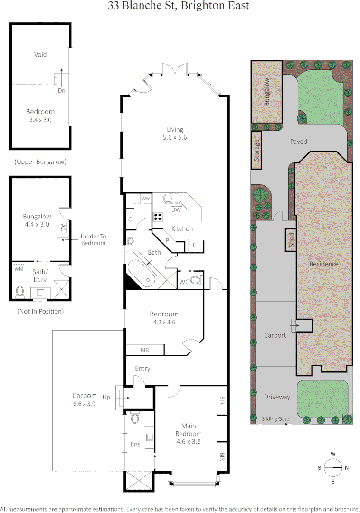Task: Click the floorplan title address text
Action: coord(178,6)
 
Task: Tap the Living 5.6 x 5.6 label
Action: coord(175,133)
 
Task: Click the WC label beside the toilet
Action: coord(184,282)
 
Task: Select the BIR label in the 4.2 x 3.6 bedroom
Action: coord(144,350)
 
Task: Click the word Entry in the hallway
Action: coord(142,368)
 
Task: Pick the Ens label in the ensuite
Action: coord(135,444)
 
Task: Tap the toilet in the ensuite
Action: coord(135,418)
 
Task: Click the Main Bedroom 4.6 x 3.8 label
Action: coord(189,434)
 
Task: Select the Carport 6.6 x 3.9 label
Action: coord(84,399)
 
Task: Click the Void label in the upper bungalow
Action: coord(40,55)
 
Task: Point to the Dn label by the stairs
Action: coord(61,90)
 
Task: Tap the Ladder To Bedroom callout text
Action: coord(93,239)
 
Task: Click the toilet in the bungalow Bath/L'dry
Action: coord(20,291)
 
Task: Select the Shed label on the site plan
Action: coord(291,240)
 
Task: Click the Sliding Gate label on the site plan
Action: coord(275,419)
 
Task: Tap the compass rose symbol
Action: coord(333,467)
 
